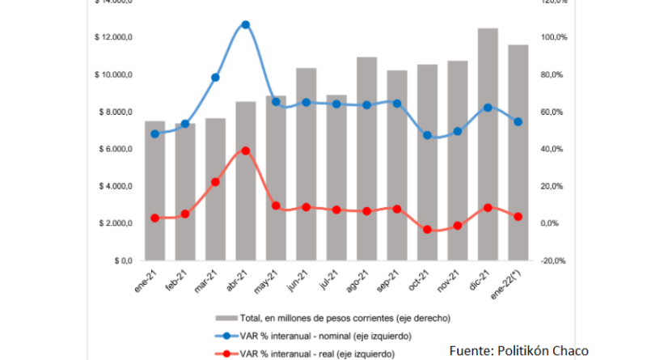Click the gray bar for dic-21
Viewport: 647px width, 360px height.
[x=488, y=146]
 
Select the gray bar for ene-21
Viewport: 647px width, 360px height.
[x=154, y=191]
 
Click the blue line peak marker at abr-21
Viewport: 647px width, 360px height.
[x=246, y=25]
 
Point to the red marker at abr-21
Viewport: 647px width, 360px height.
[x=246, y=150]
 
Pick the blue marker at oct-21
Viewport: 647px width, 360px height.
[x=427, y=135]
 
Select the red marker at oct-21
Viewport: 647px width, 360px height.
[x=427, y=230]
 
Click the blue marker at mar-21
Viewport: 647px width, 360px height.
[x=215, y=78]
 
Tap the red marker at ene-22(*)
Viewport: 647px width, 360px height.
[x=518, y=217]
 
